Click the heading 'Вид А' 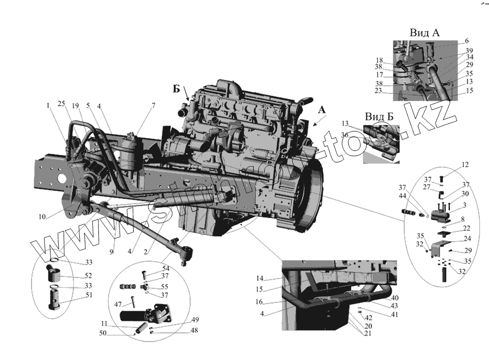pos(424,33)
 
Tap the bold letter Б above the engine pos(177,89)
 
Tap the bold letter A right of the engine pos(322,110)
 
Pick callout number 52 pos(88,275)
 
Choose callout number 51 pos(88,295)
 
